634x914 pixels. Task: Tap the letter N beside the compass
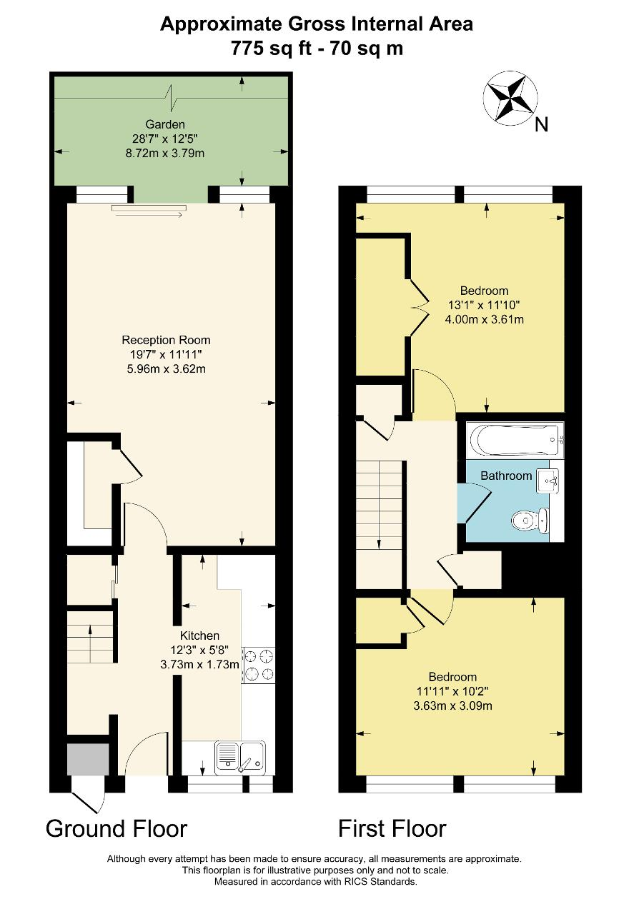pos(541,124)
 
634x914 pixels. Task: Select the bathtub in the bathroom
pos(515,441)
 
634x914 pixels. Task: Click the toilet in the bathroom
pos(530,520)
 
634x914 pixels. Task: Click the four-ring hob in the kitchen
pos(258,665)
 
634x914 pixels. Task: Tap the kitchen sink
pos(239,757)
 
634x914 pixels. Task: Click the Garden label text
pos(165,124)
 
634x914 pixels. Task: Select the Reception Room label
pos(166,340)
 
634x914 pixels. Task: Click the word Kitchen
pos(199,636)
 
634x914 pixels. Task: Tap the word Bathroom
pos(506,476)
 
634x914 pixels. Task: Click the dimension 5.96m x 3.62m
pos(166,369)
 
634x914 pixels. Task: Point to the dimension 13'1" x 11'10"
pos(484,305)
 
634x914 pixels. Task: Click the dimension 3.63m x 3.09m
pos(452,705)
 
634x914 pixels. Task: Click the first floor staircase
pos(379,525)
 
